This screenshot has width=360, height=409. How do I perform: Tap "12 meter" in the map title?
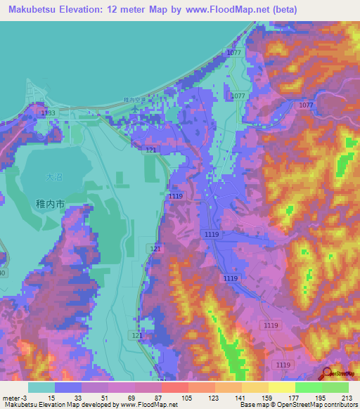pyautogui.click(x=137, y=9)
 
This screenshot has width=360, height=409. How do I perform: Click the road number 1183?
pyautogui.click(x=49, y=112)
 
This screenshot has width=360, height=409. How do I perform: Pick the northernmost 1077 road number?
pyautogui.click(x=234, y=53)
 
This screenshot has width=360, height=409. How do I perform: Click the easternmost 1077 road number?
pyautogui.click(x=305, y=105)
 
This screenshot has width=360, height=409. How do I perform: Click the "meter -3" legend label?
pyautogui.click(x=15, y=399)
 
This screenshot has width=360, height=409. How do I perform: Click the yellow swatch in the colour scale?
pyautogui.click(x=281, y=387)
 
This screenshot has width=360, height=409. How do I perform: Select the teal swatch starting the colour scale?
pyautogui.click(x=41, y=387)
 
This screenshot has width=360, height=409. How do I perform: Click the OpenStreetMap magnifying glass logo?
pyautogui.click(x=326, y=374)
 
